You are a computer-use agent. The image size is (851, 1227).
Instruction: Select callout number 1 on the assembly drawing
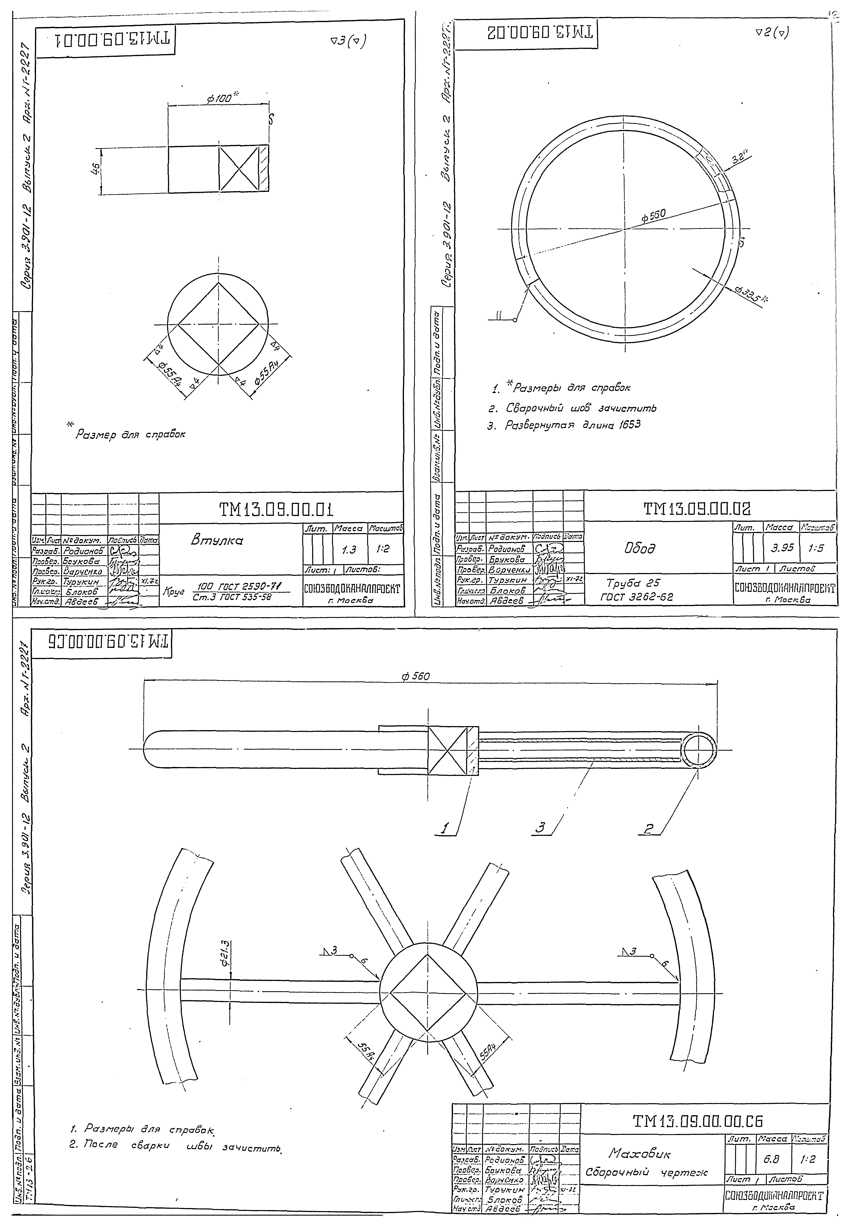point(444,828)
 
